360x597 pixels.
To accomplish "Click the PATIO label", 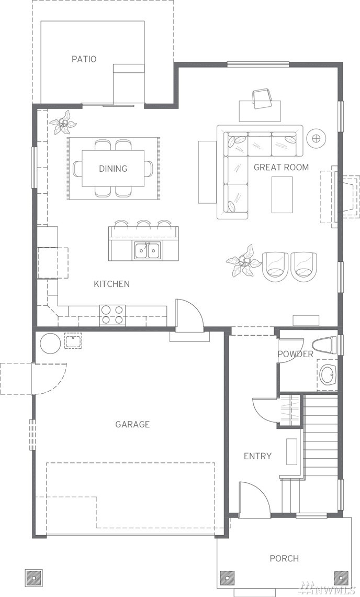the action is click(84, 59).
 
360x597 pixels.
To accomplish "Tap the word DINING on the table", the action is click(113, 168).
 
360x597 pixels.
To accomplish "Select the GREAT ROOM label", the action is click(281, 167).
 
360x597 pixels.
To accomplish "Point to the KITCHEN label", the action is click(111, 284).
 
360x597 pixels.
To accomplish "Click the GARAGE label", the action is click(132, 424).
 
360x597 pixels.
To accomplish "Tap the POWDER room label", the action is click(295, 354).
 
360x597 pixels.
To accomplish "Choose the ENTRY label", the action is click(257, 456).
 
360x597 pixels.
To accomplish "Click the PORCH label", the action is click(284, 558).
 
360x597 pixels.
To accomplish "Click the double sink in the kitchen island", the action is click(147, 250).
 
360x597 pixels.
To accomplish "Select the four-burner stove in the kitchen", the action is click(113, 315).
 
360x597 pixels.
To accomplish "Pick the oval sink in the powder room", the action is click(327, 375).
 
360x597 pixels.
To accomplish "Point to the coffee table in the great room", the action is click(282, 195).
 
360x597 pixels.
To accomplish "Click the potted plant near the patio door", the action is click(63, 123).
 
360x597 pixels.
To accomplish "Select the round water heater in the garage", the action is click(50, 343).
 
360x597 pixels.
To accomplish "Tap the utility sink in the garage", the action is click(73, 341).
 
